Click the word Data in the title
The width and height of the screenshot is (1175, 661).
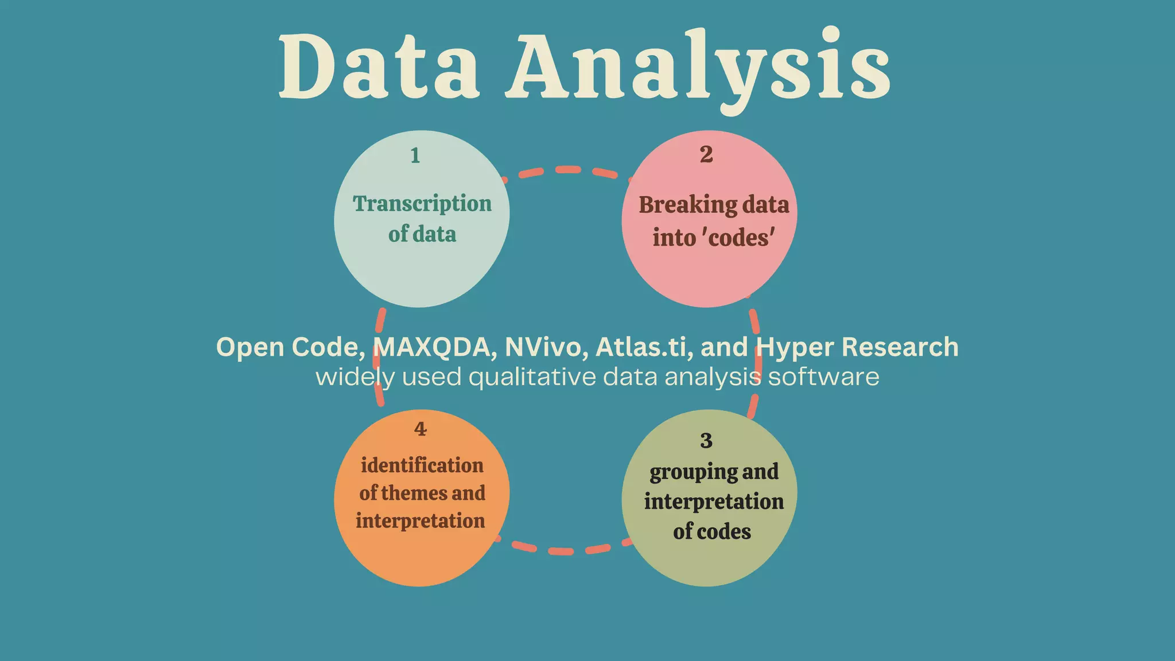pyautogui.click(x=379, y=66)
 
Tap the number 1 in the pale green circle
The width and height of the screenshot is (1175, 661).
pyautogui.click(x=415, y=155)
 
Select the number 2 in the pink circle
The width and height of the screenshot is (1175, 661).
pyautogui.click(x=706, y=154)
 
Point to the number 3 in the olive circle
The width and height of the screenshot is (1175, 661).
pyautogui.click(x=706, y=441)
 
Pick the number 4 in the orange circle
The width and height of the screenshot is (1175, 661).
pyautogui.click(x=421, y=429)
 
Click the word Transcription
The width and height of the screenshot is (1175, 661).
pyautogui.click(x=422, y=204)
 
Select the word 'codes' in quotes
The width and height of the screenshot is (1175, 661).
pyautogui.click(x=741, y=238)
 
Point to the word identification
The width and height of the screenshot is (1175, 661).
pyautogui.click(x=422, y=465)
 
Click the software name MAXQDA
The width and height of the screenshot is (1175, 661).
pyautogui.click(x=434, y=347)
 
